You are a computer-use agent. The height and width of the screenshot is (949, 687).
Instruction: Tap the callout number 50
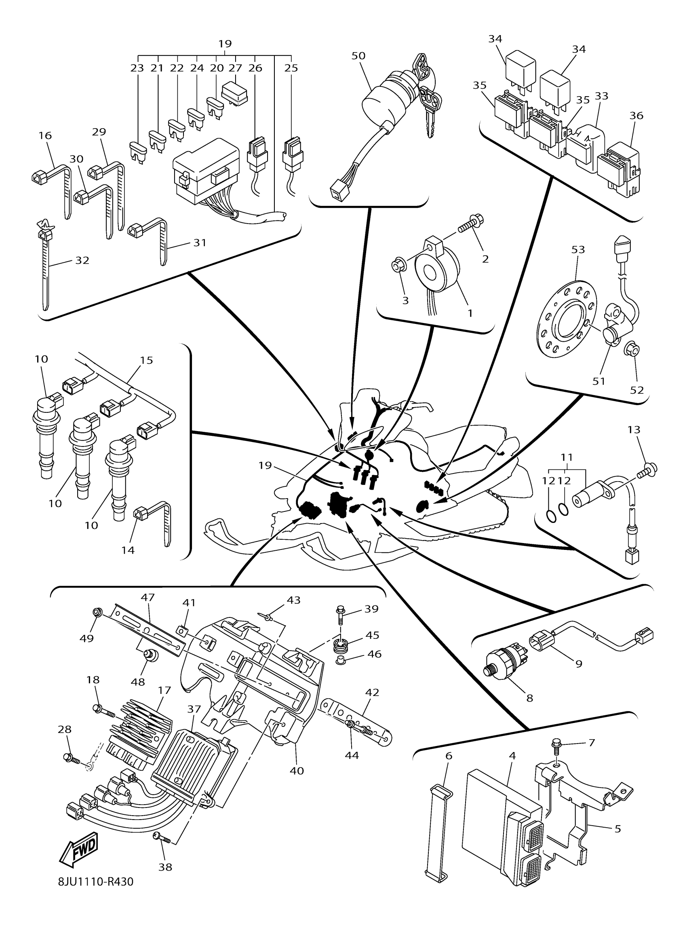pyautogui.click(x=358, y=56)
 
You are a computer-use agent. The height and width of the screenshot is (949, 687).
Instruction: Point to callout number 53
pyautogui.click(x=578, y=249)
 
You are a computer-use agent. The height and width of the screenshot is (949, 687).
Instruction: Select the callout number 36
pyautogui.click(x=636, y=116)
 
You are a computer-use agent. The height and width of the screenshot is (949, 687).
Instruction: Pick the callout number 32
pyautogui.click(x=82, y=260)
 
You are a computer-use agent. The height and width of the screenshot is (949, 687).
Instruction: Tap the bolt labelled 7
pyautogui.click(x=556, y=743)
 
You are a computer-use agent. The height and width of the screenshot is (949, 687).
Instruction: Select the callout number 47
pyautogui.click(x=148, y=597)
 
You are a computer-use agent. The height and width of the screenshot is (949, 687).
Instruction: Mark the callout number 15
pyautogui.click(x=146, y=360)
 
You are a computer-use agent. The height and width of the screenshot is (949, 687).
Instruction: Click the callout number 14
pyautogui.click(x=128, y=550)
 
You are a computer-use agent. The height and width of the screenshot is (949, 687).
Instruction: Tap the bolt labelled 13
pyautogui.click(x=647, y=468)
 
